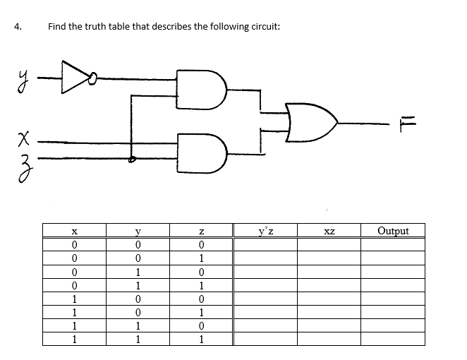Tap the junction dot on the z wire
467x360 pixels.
coord(131,160)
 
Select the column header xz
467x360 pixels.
coord(329,230)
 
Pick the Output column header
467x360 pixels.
coord(392,230)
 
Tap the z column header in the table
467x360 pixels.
coord(202,230)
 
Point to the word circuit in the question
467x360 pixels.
coord(262,27)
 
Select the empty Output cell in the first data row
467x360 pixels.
coord(392,245)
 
